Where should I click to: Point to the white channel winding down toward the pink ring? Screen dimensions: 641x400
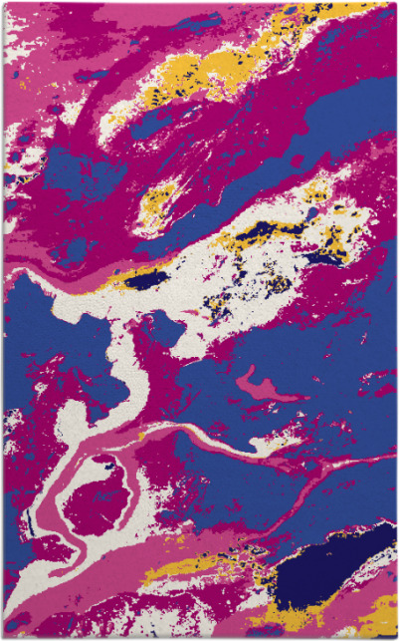point(124,379)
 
